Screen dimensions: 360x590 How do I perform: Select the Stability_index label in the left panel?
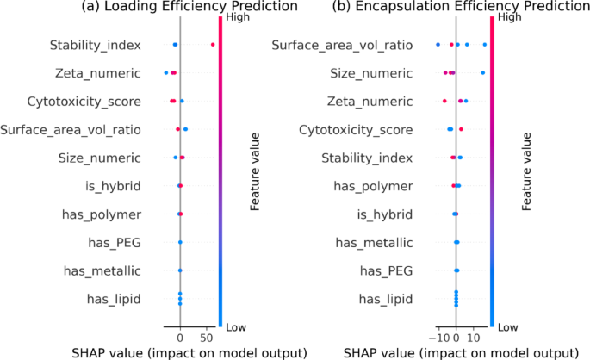95,44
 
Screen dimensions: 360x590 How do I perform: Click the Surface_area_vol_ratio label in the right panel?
342,44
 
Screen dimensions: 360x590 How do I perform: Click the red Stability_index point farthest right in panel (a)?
213,44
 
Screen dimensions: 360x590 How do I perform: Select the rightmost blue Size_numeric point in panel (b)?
482,73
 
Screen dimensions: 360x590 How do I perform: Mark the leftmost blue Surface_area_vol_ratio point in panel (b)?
438,44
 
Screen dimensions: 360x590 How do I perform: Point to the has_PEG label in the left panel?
114,242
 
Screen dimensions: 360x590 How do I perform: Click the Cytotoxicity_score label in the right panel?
355,129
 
